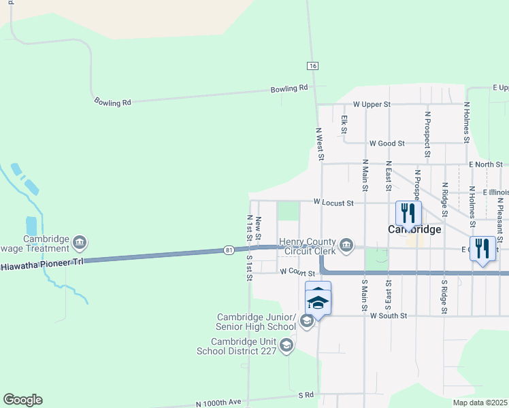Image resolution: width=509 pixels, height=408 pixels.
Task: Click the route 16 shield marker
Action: point(312,65)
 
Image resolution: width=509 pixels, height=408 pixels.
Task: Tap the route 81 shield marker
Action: point(229,250)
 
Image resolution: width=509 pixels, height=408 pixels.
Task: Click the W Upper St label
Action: point(372,105)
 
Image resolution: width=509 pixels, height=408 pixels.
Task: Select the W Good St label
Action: point(387,143)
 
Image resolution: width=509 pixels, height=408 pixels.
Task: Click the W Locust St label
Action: point(333,203)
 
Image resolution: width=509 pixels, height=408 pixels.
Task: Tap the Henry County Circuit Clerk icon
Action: point(346,245)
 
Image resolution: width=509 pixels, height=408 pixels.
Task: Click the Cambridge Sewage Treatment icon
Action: point(80,242)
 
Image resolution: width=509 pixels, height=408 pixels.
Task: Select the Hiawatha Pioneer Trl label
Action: point(42,264)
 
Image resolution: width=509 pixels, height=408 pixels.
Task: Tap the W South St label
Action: point(388,316)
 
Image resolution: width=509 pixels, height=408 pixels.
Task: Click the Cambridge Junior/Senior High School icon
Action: point(306,320)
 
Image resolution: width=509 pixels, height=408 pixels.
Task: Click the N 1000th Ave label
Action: point(218,402)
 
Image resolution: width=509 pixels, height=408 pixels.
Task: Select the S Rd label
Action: point(306,394)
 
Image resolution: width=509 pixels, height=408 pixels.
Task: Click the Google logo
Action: point(22,400)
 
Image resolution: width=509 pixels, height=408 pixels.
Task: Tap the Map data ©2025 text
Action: point(480,403)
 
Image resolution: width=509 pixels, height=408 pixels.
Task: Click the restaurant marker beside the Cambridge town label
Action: point(408,214)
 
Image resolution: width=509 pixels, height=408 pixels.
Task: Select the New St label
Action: point(259,225)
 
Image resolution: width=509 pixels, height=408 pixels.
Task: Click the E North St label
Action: point(486,165)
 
